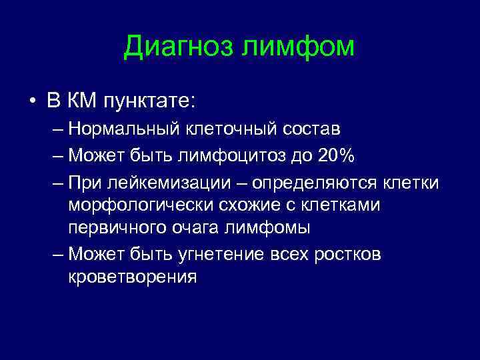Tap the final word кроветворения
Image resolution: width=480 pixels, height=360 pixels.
pos(132,277)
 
